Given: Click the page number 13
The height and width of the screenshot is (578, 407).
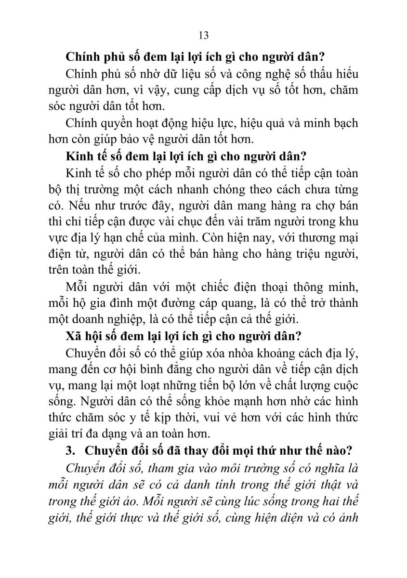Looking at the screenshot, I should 203,35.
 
